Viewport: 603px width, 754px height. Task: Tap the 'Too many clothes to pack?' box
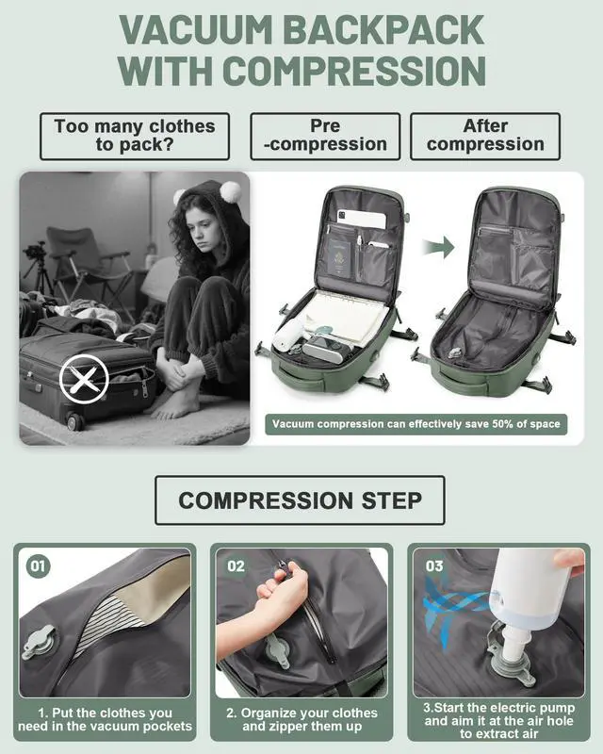(x=134, y=136)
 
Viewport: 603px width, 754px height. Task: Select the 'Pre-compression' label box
(x=324, y=136)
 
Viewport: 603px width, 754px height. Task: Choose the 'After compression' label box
(x=485, y=136)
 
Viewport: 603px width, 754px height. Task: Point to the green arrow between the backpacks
(x=438, y=247)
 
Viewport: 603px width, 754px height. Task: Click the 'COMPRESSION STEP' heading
(x=300, y=500)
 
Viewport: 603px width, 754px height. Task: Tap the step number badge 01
(x=38, y=566)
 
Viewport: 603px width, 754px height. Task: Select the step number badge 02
(x=236, y=566)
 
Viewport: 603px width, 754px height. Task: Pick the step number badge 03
(x=434, y=566)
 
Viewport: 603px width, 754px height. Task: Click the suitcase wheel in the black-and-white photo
(x=73, y=421)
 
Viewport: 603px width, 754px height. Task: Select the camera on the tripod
(x=35, y=253)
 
